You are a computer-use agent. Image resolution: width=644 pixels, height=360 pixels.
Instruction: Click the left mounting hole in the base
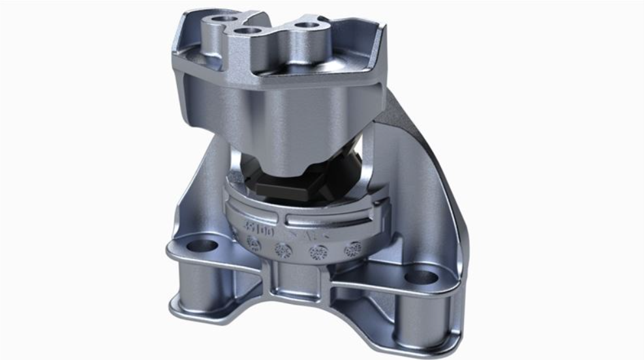click(202, 246)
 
